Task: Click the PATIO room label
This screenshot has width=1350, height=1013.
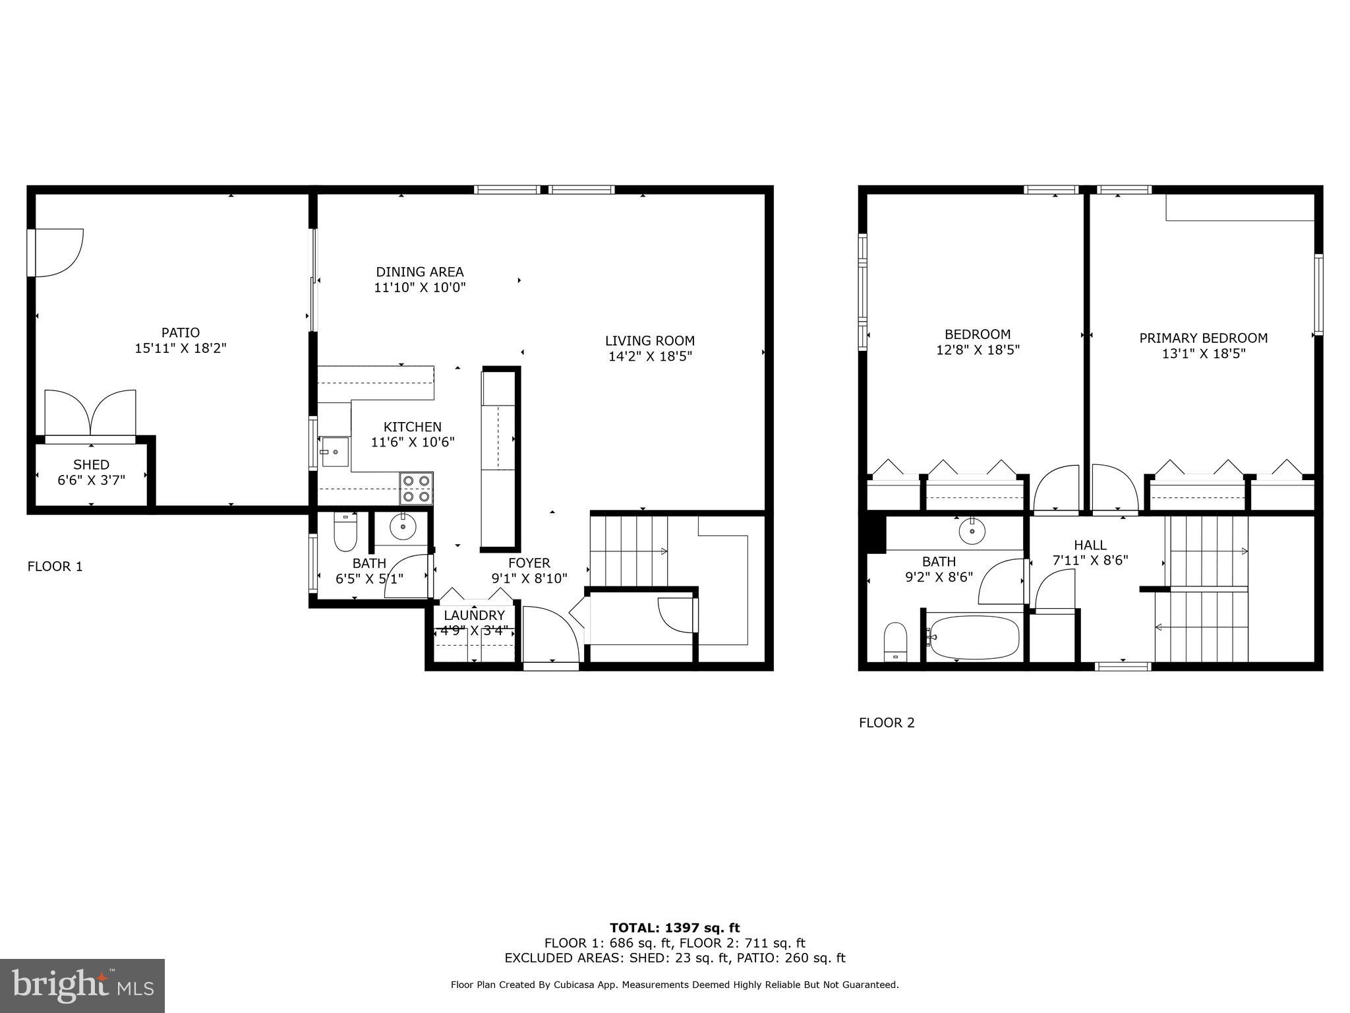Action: click(x=181, y=332)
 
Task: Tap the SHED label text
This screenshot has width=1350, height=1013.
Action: click(x=91, y=464)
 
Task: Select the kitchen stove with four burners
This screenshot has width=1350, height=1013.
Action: click(x=416, y=489)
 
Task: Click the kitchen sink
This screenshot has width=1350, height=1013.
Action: click(x=335, y=452)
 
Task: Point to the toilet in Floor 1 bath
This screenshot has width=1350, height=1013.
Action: click(x=345, y=532)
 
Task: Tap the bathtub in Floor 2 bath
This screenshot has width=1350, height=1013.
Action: click(x=974, y=636)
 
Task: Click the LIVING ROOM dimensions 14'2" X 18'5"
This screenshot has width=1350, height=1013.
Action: click(x=650, y=357)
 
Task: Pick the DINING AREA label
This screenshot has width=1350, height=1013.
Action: click(x=420, y=272)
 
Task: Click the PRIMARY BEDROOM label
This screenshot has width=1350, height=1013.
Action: click(x=1203, y=338)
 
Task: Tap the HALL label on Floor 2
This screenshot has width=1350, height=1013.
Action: click(x=1090, y=545)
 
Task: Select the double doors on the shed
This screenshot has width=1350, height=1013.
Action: click(x=90, y=414)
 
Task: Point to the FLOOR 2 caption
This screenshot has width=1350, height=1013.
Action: click(x=887, y=723)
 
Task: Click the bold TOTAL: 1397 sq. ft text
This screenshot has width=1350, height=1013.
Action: click(x=674, y=928)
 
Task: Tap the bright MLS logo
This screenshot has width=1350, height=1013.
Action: click(x=82, y=985)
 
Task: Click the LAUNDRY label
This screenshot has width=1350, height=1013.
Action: click(x=474, y=615)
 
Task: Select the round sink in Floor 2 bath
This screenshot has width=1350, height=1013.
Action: click(x=972, y=531)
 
